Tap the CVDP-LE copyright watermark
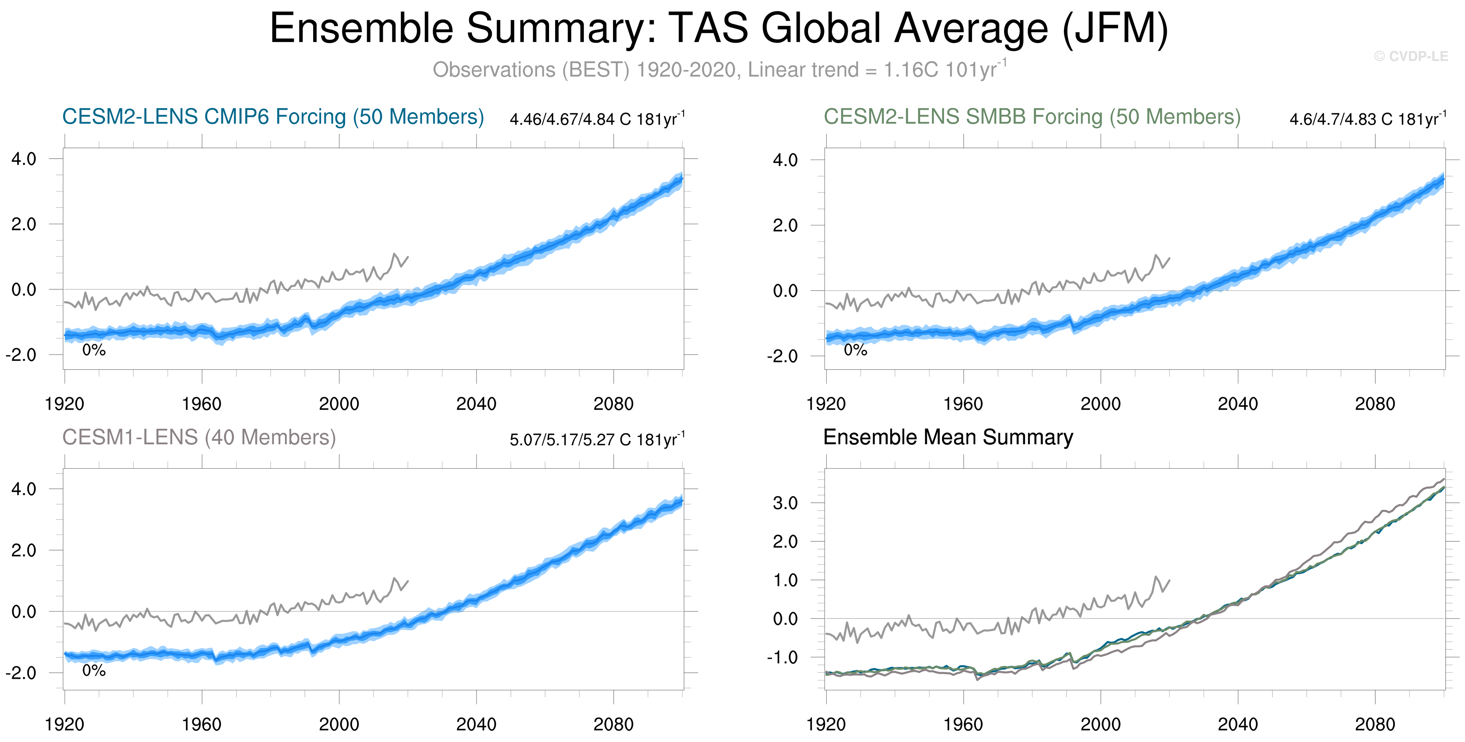click(x=1411, y=56)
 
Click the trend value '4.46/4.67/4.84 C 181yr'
click(x=597, y=119)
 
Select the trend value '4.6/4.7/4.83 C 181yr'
click(x=1368, y=119)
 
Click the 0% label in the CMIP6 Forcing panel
click(x=94, y=350)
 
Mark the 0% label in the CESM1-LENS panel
click(x=94, y=671)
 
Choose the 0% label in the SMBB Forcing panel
click(x=855, y=350)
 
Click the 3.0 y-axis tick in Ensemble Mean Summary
click(x=785, y=503)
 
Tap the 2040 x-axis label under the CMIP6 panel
click(x=476, y=404)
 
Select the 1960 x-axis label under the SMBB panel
click(x=963, y=404)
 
